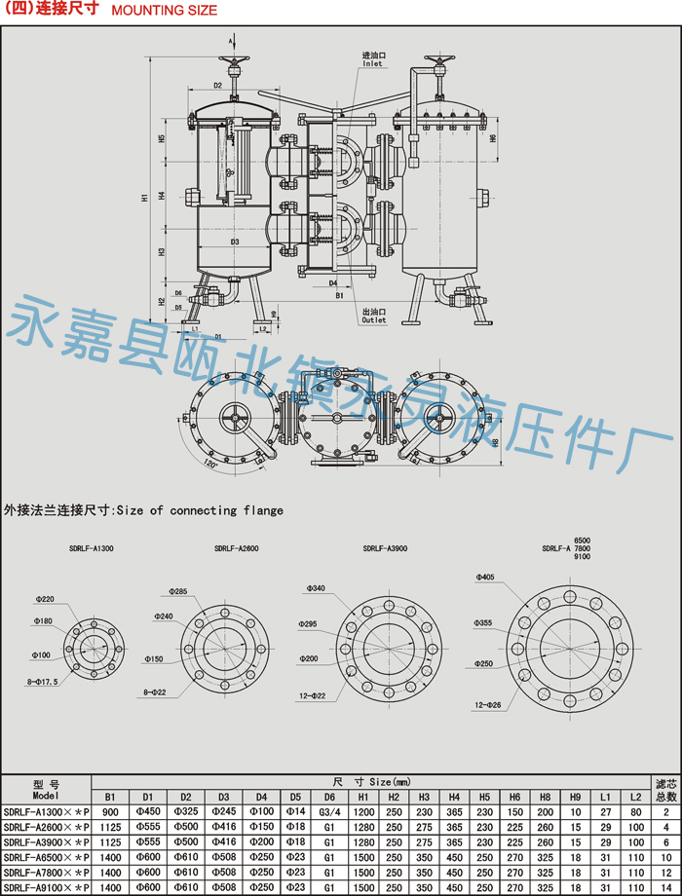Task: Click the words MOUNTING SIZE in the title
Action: click(165, 11)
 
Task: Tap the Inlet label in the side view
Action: click(373, 64)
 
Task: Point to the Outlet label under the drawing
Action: click(374, 319)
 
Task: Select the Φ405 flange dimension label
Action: click(484, 578)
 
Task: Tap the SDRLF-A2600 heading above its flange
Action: click(237, 549)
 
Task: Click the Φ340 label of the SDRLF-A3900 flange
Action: click(316, 588)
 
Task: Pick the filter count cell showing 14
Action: click(665, 888)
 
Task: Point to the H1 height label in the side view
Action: click(144, 197)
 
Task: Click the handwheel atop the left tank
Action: click(233, 67)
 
